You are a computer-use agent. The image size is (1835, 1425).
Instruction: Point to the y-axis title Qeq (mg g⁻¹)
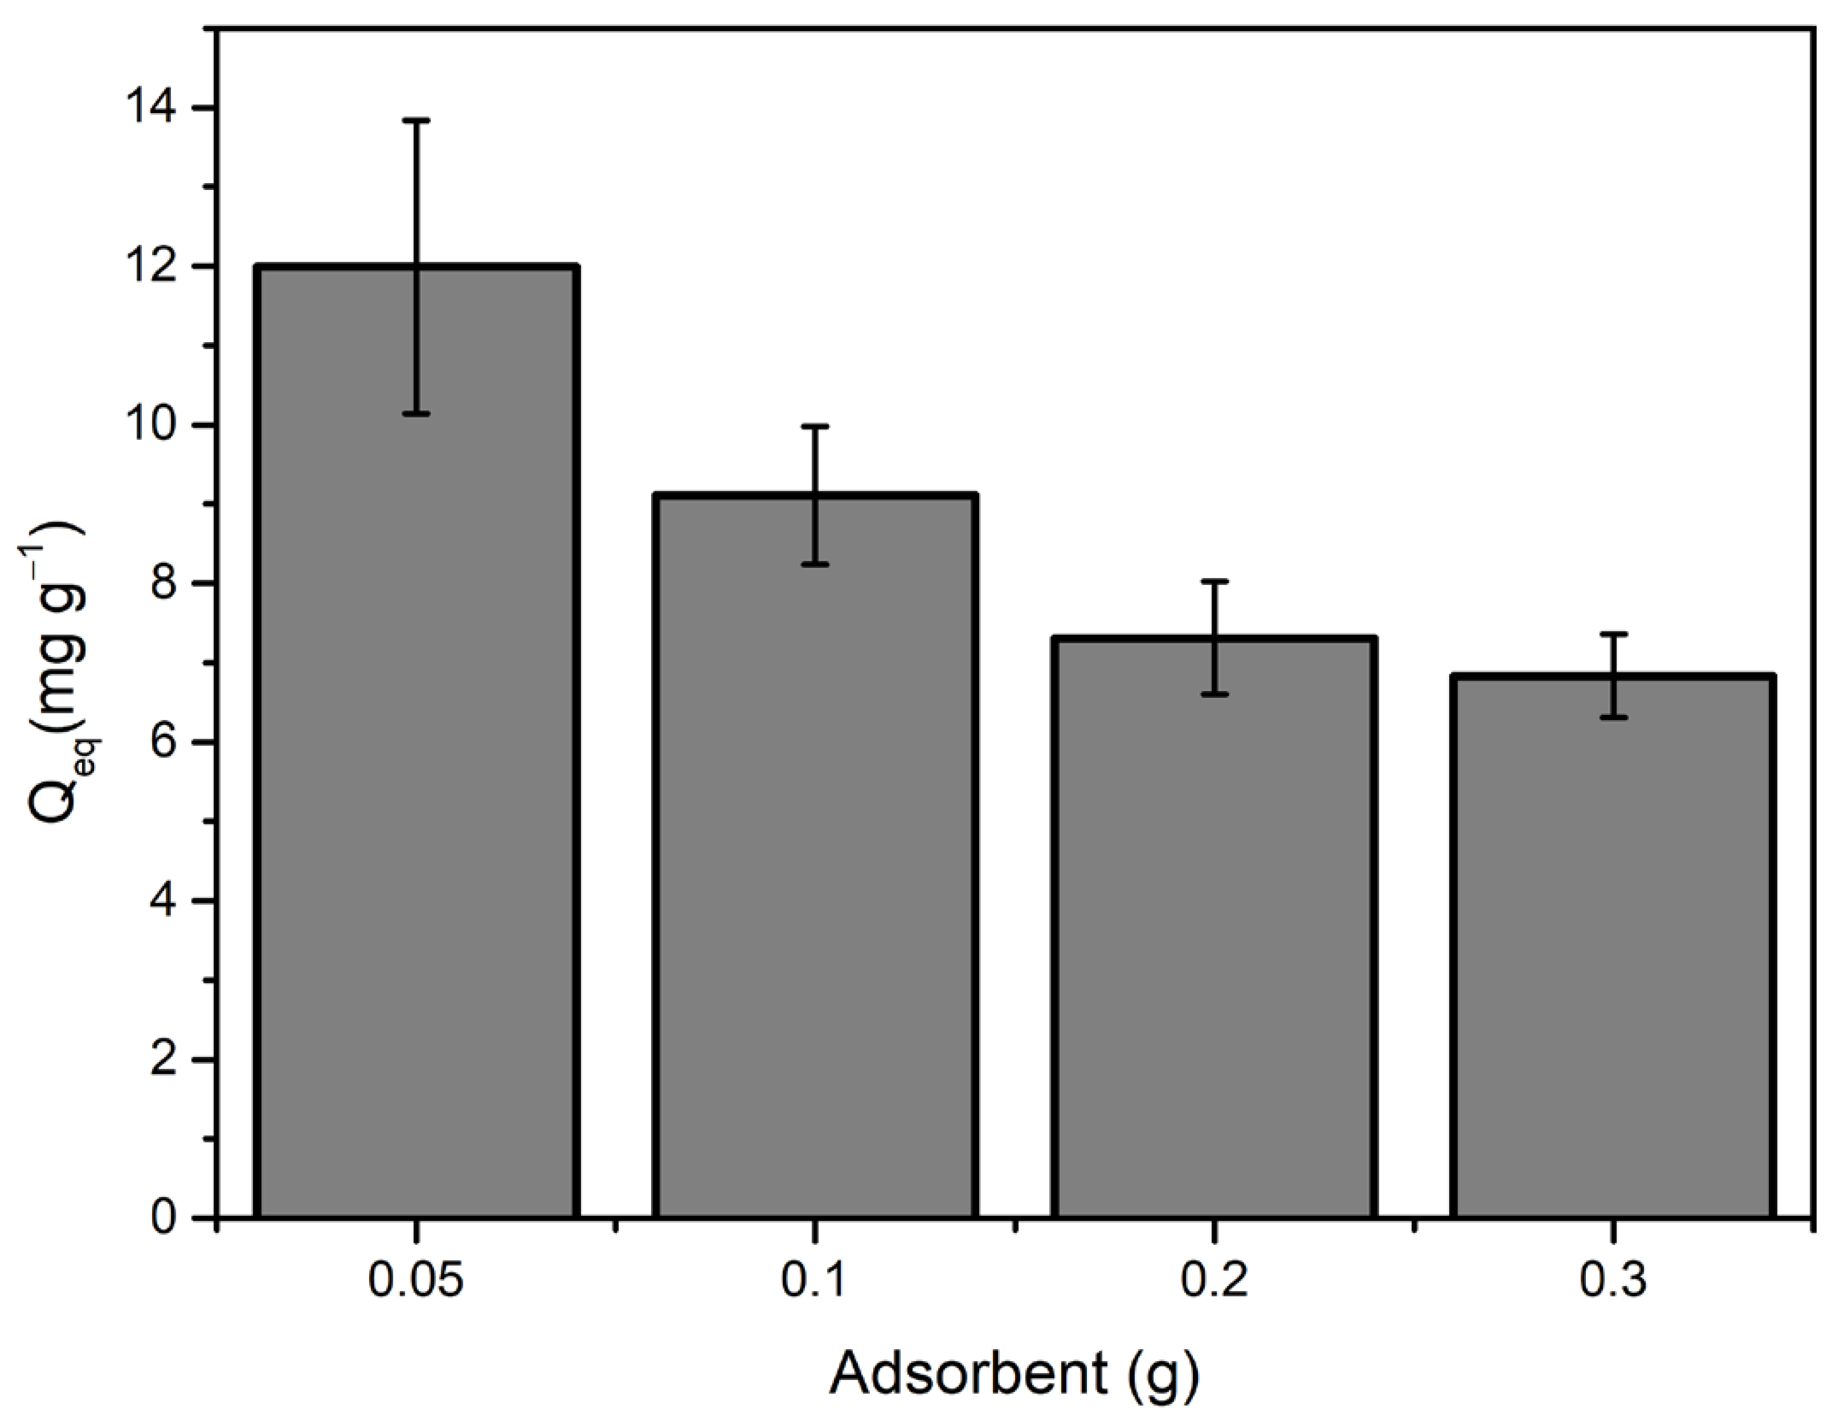[x=59, y=672]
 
